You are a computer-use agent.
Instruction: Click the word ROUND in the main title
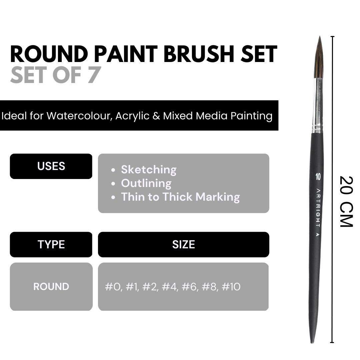tap(49, 54)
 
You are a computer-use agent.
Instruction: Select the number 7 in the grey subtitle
tap(94, 75)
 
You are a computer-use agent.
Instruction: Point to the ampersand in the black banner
tap(156, 116)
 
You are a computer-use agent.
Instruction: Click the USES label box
tap(51, 166)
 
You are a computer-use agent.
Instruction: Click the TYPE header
tap(51, 245)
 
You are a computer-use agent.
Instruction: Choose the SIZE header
tap(183, 245)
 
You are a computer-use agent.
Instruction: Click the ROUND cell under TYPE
tap(51, 287)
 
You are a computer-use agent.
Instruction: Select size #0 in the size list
tap(113, 287)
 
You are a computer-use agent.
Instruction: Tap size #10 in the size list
tap(231, 287)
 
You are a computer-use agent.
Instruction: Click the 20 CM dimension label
tap(346, 202)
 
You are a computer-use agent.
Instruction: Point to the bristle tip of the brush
tap(320, 36)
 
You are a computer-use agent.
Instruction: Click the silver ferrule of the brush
tap(318, 106)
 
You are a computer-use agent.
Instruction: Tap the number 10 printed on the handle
tap(318, 177)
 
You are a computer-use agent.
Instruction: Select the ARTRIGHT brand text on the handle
tap(318, 208)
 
